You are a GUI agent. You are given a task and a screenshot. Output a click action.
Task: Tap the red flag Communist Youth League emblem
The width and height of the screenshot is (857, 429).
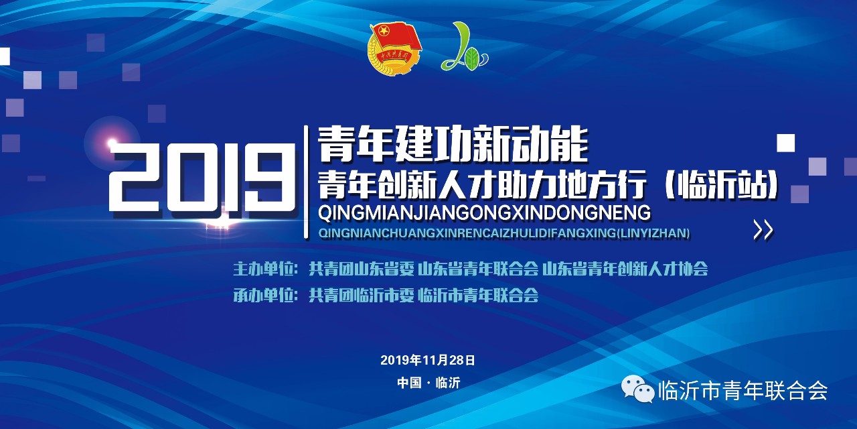(x=395, y=48)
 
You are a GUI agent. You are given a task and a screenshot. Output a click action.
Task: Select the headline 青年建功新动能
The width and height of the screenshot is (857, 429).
(x=453, y=145)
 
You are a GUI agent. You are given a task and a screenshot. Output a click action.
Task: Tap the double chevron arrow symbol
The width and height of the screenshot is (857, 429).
(x=763, y=230)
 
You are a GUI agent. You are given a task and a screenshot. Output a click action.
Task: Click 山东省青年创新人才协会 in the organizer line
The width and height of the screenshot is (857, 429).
(x=625, y=269)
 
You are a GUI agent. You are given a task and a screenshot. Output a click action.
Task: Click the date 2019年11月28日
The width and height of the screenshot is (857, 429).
(x=428, y=360)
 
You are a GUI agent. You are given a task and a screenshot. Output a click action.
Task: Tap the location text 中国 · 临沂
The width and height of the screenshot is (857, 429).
(x=428, y=383)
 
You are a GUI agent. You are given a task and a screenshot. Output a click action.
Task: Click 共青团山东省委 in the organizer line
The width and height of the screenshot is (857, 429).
(x=361, y=269)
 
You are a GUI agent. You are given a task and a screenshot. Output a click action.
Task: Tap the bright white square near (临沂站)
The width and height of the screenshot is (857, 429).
(x=785, y=143)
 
